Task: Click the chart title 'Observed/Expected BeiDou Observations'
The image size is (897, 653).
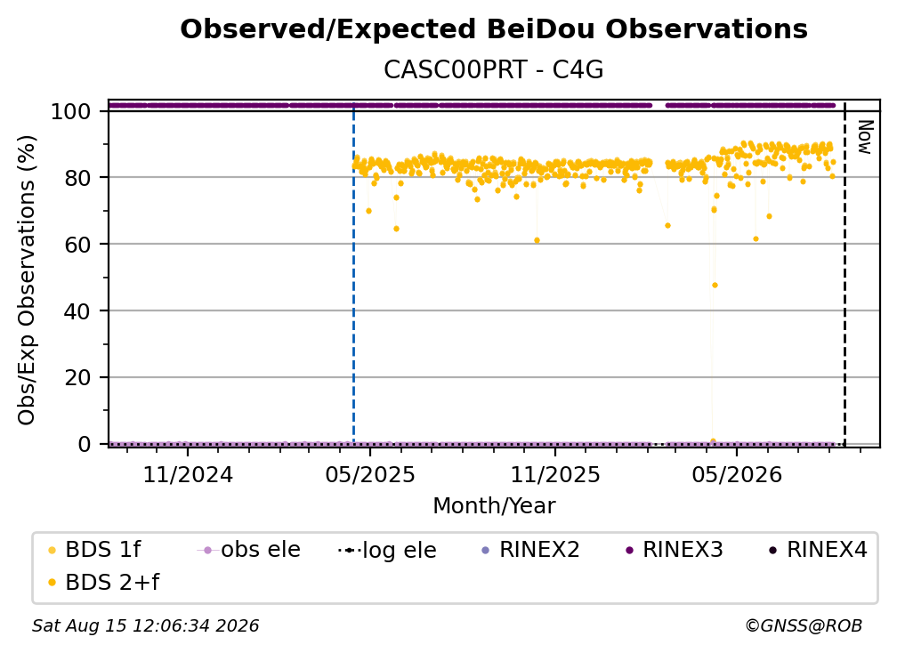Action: click(494, 29)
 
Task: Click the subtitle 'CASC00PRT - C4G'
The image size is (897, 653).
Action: click(494, 70)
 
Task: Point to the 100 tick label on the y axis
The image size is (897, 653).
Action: click(71, 111)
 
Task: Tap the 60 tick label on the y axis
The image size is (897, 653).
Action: click(77, 244)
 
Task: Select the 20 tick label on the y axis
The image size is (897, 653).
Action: click(77, 377)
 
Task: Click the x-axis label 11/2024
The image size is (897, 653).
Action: click(188, 474)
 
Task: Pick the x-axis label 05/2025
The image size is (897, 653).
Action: click(370, 474)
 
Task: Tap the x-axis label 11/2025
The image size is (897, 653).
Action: click(555, 474)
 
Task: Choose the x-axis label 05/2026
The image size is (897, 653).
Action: click(737, 474)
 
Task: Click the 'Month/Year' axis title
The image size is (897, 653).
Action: click(494, 506)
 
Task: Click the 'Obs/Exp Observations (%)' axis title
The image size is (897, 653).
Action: click(27, 279)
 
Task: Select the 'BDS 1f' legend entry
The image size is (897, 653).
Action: click(94, 550)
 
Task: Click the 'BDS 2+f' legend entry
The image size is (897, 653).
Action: click(103, 583)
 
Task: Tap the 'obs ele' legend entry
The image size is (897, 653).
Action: click(248, 550)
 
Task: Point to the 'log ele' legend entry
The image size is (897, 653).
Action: click(387, 551)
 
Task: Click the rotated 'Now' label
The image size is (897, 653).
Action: click(865, 137)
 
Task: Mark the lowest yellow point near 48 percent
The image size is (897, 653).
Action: click(715, 286)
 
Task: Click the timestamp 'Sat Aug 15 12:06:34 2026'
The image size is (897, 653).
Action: click(145, 626)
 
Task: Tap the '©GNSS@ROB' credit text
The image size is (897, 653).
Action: click(804, 626)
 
